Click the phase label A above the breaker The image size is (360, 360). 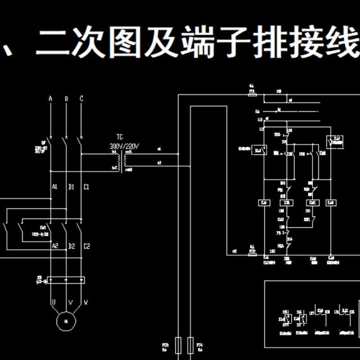[x=50, y=99]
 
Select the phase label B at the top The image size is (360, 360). [x=66, y=99]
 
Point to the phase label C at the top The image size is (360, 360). [x=81, y=99]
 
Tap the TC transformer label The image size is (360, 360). [x=120, y=137]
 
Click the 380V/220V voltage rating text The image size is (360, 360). [x=125, y=146]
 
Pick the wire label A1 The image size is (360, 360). [x=54, y=187]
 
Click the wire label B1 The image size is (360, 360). [x=71, y=187]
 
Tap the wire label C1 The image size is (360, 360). [x=86, y=187]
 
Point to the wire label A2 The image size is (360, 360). [x=55, y=246]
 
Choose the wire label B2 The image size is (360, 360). [x=71, y=246]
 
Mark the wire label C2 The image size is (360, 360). [x=87, y=246]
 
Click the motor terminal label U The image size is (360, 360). [x=53, y=303]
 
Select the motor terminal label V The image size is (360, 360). [x=70, y=303]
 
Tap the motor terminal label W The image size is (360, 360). [x=85, y=303]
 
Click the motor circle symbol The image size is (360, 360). [x=66, y=321]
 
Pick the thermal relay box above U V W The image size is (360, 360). [x=66, y=280]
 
